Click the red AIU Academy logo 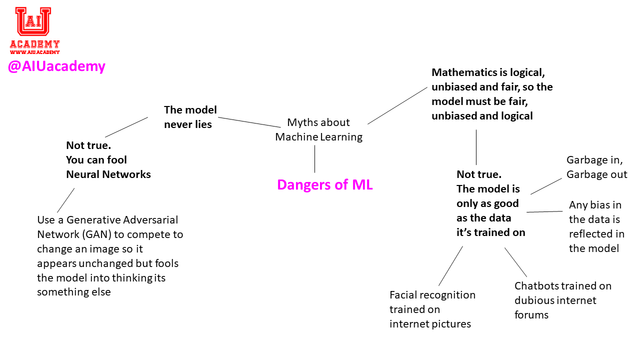click(x=34, y=27)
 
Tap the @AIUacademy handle click(x=56, y=66)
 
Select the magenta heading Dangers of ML click(x=325, y=185)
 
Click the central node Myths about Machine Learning click(x=318, y=129)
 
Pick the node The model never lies click(x=190, y=117)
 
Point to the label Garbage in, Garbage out click(x=596, y=167)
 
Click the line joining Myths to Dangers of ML click(x=315, y=159)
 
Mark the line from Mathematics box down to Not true click(x=476, y=147)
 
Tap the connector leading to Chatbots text click(x=515, y=262)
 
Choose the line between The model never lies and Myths click(x=249, y=122)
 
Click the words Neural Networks click(x=108, y=174)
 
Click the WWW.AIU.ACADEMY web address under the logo click(x=34, y=52)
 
